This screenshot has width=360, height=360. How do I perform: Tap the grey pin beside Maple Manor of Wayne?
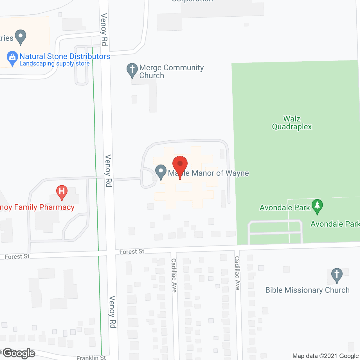tap(161, 172)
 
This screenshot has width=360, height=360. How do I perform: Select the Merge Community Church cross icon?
tap(132, 70)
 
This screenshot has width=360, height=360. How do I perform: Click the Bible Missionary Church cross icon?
tap(337, 275)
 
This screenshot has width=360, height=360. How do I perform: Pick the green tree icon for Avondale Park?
tap(317, 206)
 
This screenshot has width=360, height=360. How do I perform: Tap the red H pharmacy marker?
tap(62, 192)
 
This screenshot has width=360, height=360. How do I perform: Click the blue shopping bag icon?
tap(12, 58)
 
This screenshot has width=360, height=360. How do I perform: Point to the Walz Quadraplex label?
tap(292, 123)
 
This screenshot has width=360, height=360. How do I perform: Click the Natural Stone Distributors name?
tap(65, 56)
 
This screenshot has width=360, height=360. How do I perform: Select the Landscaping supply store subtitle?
tap(55, 64)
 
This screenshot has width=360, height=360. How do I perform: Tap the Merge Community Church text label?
tap(171, 71)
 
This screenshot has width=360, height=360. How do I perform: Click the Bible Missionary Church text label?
tap(307, 290)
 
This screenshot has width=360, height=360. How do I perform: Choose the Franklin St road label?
tap(91, 357)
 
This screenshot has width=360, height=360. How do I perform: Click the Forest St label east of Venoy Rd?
tap(132, 251)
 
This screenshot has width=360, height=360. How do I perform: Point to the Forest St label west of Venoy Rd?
tap(17, 256)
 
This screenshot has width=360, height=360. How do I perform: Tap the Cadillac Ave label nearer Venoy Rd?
tap(174, 275)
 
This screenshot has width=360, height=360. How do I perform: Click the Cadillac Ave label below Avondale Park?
tap(237, 273)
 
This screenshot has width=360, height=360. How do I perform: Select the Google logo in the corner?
tap(19, 353)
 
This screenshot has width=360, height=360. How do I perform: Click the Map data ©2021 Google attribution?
tap(325, 356)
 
